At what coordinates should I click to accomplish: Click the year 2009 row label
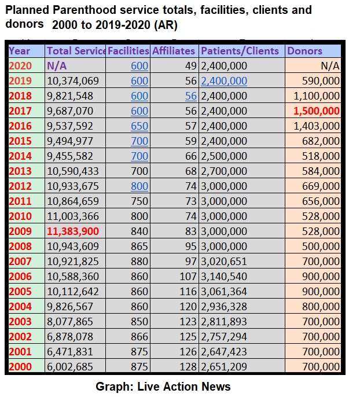tap(20, 231)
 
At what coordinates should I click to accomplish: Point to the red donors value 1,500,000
tap(316, 111)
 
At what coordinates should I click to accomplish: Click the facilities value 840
tap(139, 231)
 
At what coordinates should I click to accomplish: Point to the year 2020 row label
tap(20, 66)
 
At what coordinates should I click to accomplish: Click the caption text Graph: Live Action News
tap(164, 387)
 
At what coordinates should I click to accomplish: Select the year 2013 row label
tap(20, 171)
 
